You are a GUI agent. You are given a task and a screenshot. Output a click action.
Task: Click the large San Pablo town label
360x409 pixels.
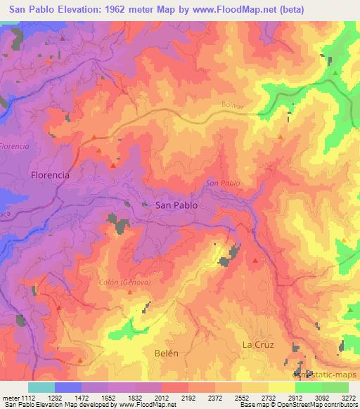176,204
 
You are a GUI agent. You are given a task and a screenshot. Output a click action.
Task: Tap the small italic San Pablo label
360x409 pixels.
223,183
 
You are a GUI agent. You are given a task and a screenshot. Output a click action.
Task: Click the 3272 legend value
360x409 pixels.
349,398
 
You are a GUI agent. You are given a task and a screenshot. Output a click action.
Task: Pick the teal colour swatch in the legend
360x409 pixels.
41,387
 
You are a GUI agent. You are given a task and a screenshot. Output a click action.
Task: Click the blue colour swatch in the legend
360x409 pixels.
68,387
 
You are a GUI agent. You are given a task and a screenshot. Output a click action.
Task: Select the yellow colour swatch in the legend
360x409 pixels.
281,387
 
